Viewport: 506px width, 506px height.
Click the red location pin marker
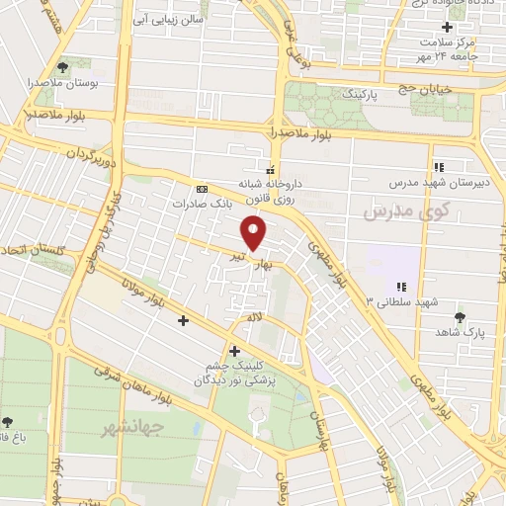click(255, 234)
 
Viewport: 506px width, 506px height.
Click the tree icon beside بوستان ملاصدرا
click(64, 67)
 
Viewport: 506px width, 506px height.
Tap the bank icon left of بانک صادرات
click(202, 188)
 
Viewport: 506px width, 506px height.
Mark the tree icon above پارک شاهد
click(461, 317)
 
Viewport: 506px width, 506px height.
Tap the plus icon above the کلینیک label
click(234, 351)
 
